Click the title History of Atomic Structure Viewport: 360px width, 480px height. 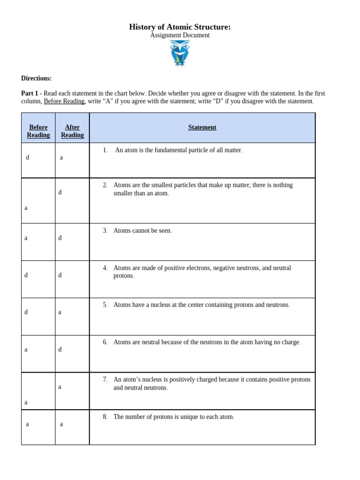point(180,27)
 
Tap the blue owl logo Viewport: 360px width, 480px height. point(180,53)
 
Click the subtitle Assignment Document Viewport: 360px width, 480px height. point(180,36)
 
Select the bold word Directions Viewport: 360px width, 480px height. point(36,78)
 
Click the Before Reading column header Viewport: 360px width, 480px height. point(38,131)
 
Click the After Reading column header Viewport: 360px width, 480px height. point(72,131)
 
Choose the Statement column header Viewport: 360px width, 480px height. point(202,127)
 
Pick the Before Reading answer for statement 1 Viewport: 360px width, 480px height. point(28,157)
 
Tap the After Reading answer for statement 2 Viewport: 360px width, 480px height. point(60,192)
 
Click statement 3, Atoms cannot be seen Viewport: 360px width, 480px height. point(142,231)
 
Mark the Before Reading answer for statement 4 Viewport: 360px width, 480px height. point(26,275)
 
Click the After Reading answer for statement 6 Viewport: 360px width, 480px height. point(60,349)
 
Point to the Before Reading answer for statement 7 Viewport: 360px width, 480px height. point(26,402)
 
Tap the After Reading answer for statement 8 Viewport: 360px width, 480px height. point(61,424)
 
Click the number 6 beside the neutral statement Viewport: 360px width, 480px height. point(105,342)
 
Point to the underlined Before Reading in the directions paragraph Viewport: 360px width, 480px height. point(64,101)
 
